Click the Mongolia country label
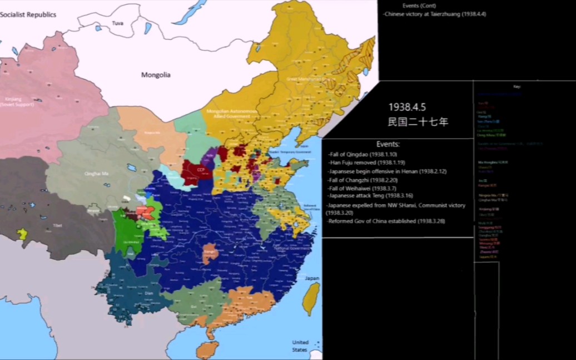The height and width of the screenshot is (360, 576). pyautogui.click(x=156, y=75)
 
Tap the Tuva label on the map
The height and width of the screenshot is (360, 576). pyautogui.click(x=117, y=23)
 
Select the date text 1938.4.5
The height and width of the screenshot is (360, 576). pyautogui.click(x=408, y=107)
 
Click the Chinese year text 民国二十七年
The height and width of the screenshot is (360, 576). pyautogui.click(x=418, y=121)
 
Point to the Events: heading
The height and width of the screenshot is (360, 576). pyautogui.click(x=388, y=144)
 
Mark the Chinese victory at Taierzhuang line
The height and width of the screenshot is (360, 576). pyautogui.click(x=435, y=14)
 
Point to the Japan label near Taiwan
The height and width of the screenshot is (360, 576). pyautogui.click(x=312, y=278)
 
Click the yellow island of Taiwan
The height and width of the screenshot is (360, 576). pyautogui.click(x=313, y=298)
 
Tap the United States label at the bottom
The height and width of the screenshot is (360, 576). pyautogui.click(x=300, y=346)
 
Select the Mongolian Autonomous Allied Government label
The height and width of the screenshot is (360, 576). pyautogui.click(x=232, y=114)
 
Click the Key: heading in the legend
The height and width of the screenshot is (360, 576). pyautogui.click(x=517, y=87)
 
